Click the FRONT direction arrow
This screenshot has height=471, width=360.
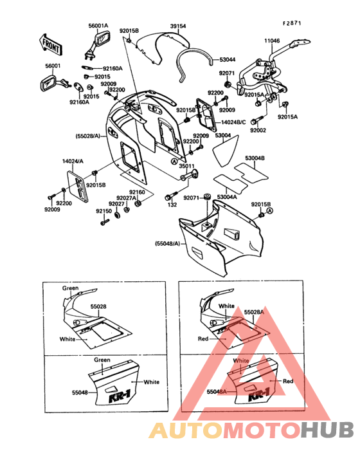pyautogui.click(x=50, y=44)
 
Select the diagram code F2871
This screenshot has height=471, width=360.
pyautogui.click(x=292, y=23)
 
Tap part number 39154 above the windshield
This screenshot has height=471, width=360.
pyautogui.click(x=178, y=26)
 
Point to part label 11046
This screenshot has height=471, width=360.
pyautogui.click(x=272, y=41)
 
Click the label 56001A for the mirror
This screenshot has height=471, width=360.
pyautogui.click(x=98, y=26)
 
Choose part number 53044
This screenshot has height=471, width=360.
pyautogui.click(x=228, y=60)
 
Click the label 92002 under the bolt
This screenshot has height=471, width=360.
pyautogui.click(x=258, y=131)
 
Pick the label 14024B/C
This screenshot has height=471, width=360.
pyautogui.click(x=233, y=122)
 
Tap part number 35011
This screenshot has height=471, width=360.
pyautogui.click(x=186, y=166)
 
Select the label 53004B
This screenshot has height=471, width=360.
pyautogui.click(x=255, y=158)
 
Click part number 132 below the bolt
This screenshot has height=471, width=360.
pyautogui.click(x=172, y=205)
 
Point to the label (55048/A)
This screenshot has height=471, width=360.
pyautogui.click(x=168, y=243)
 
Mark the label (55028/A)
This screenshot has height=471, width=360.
pyautogui.click(x=87, y=136)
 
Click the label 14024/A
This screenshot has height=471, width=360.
pyautogui.click(x=73, y=162)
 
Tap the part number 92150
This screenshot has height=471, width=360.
pyautogui.click(x=104, y=211)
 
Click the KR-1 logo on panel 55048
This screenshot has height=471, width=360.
pyautogui.click(x=120, y=398)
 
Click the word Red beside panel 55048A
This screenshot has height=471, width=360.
pyautogui.click(x=288, y=381)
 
